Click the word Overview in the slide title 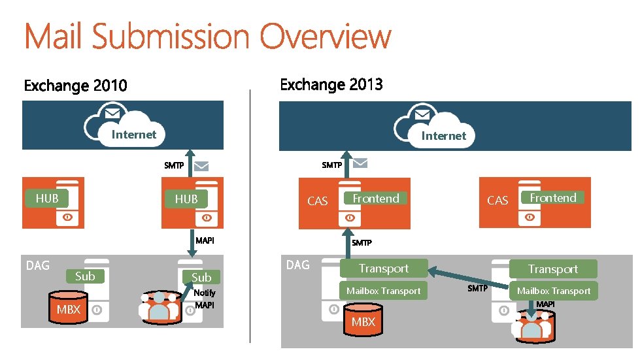pos(326,37)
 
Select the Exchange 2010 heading pos(76,86)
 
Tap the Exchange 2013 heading pos(331,85)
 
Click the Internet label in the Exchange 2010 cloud pos(134,135)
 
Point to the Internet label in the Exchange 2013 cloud pos(443,136)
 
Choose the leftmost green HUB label pos(47,198)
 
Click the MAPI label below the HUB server pos(205,240)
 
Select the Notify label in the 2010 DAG pos(205,293)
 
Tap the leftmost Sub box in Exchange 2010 pos(85,276)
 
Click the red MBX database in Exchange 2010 pos(68,309)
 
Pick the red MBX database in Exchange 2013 pos(363,321)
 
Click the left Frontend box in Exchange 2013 pos(376,198)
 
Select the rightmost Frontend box pos(553,198)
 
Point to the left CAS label pos(317,201)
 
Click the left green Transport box pos(384,269)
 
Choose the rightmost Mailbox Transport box pos(554,291)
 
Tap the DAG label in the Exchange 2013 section pos(298,265)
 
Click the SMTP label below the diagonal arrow pos(477,288)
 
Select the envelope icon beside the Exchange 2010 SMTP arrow pos(202,166)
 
